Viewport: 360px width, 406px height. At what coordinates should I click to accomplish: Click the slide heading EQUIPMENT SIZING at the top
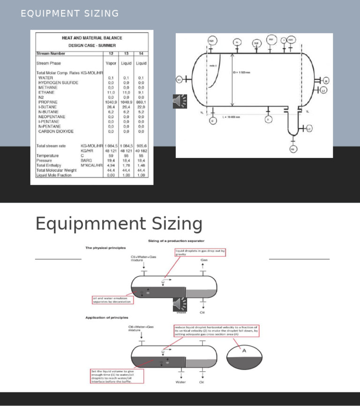(70, 14)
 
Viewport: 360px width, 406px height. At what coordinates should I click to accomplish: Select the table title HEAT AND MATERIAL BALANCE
(92, 38)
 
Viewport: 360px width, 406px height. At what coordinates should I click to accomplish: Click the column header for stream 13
(126, 53)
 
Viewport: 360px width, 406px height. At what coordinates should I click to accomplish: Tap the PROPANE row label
(48, 102)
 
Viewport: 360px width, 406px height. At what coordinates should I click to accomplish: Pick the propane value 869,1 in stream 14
(141, 102)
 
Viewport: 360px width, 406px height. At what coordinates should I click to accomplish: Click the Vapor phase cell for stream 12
(111, 63)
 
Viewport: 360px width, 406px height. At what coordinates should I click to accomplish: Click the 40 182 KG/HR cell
(141, 150)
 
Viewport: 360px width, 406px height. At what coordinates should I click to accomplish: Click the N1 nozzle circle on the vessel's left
(179, 80)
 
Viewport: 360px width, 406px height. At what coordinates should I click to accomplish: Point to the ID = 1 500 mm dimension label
(244, 73)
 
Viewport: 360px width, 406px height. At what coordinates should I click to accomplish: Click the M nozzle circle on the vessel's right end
(326, 81)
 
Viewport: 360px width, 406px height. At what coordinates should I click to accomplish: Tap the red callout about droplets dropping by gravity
(201, 253)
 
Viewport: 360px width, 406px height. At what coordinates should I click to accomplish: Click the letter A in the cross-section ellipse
(244, 350)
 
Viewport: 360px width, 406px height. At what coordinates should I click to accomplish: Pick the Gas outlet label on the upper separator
(204, 259)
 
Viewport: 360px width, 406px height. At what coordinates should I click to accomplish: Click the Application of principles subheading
(106, 317)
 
